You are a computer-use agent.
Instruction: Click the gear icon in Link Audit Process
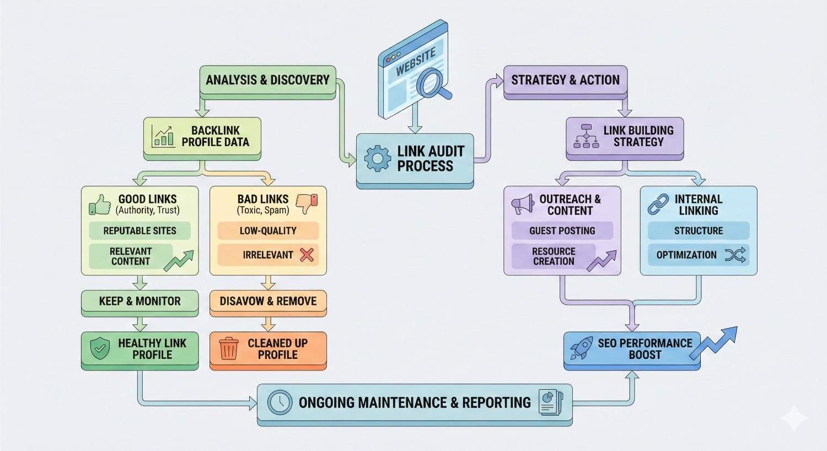pyautogui.click(x=378, y=158)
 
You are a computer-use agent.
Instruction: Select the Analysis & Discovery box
pyautogui.click(x=267, y=80)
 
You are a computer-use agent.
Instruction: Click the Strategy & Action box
pyautogui.click(x=565, y=80)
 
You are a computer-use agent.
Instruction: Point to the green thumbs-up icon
pyautogui.click(x=100, y=205)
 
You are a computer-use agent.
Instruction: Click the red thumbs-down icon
pyautogui.click(x=307, y=203)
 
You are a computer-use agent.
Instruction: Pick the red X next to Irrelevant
pyautogui.click(x=307, y=255)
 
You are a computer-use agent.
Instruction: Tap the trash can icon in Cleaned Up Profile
pyautogui.click(x=229, y=349)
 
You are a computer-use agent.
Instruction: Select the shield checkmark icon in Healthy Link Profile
pyautogui.click(x=100, y=349)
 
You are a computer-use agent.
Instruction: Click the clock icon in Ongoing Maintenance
pyautogui.click(x=280, y=402)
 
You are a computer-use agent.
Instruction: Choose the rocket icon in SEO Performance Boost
pyautogui.click(x=581, y=349)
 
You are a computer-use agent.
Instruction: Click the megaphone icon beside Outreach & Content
pyautogui.click(x=523, y=205)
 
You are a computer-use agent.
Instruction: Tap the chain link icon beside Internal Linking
pyautogui.click(x=658, y=205)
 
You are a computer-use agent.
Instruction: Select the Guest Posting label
pyautogui.click(x=562, y=231)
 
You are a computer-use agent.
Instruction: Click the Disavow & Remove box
pyautogui.click(x=268, y=301)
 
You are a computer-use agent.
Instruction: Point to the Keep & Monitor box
pyautogui.click(x=139, y=301)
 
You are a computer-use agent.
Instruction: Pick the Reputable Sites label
pyautogui.click(x=139, y=231)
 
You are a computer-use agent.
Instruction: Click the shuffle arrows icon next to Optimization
pyautogui.click(x=735, y=255)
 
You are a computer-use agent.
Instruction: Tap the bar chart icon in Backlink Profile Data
pyautogui.click(x=163, y=136)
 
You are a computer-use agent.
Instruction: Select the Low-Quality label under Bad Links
pyautogui.click(x=268, y=231)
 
